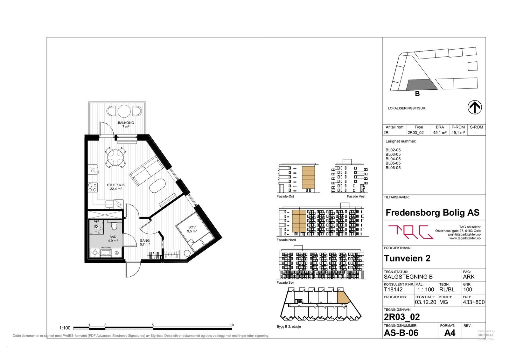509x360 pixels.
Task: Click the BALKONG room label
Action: coord(126,124)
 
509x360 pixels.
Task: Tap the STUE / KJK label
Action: coord(116,187)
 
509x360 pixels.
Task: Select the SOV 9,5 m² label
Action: coord(192,229)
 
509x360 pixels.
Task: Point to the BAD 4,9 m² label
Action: coord(113,239)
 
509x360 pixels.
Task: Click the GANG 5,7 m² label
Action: coord(145,243)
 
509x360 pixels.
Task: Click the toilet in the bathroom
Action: coord(115,226)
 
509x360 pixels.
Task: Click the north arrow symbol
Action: coord(474,107)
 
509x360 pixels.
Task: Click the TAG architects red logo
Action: coord(411,232)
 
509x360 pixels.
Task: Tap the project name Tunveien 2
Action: coord(407,258)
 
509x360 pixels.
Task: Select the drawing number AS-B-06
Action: coord(401,333)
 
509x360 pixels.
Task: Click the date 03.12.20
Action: coord(425,302)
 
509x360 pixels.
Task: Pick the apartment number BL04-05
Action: coord(393,159)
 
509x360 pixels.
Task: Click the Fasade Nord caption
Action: coord(286,240)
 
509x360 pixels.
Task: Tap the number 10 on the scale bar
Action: coord(232,325)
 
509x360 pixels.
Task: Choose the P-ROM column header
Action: coord(458,127)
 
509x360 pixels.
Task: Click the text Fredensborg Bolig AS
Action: coord(432,213)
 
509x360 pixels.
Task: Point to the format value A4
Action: coord(450,333)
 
